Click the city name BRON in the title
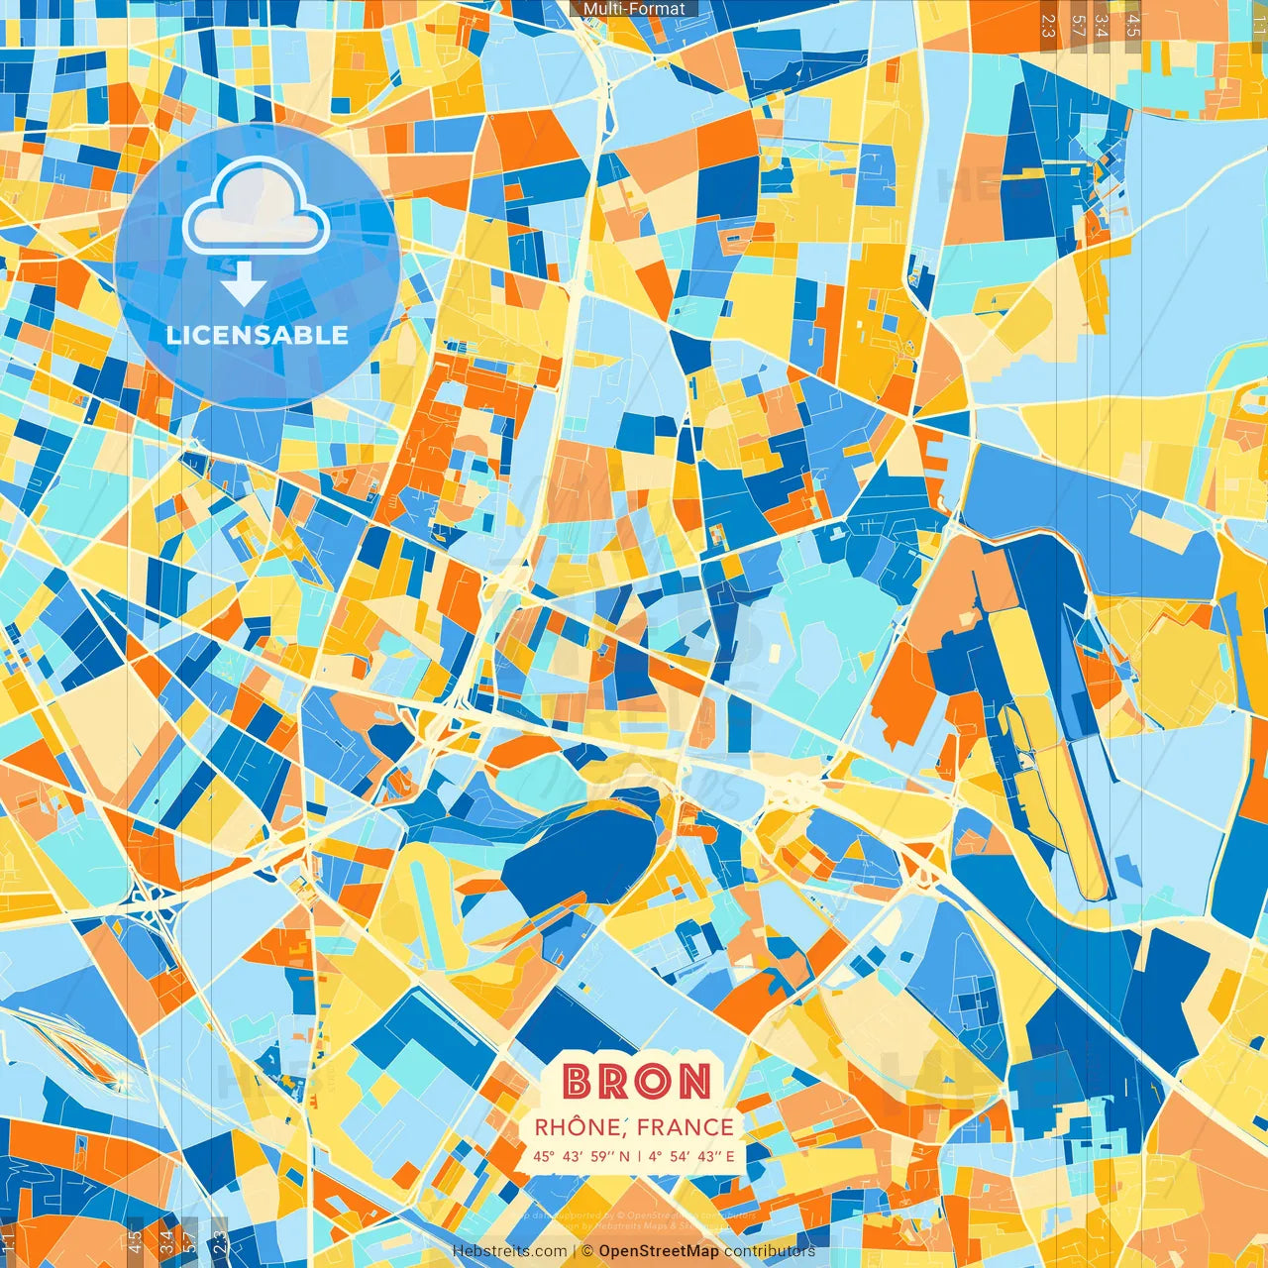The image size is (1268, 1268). (x=637, y=1082)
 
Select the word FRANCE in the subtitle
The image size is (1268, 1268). (x=686, y=1127)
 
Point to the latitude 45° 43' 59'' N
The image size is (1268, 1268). (x=581, y=1156)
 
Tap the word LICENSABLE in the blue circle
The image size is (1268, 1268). (x=258, y=335)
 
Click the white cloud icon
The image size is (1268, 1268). (x=257, y=206)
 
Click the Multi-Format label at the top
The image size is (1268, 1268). (x=634, y=9)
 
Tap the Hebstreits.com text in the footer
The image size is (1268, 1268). (x=509, y=1251)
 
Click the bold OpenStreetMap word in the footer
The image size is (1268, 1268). (x=659, y=1251)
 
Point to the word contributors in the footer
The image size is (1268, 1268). (x=770, y=1251)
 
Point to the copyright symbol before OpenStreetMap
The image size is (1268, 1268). (x=587, y=1251)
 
